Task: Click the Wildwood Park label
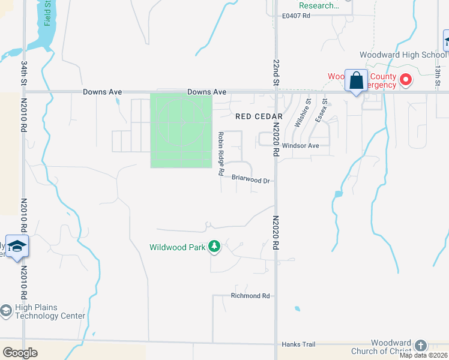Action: [178, 247]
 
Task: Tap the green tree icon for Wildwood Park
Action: [214, 246]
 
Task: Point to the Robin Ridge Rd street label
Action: [220, 154]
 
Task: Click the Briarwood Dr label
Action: [252, 179]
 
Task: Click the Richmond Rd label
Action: [250, 296]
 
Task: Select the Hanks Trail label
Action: [298, 344]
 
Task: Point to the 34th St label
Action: [24, 71]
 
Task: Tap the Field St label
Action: [47, 13]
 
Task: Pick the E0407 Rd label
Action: [296, 16]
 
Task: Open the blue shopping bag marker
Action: [356, 80]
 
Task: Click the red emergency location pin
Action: [406, 79]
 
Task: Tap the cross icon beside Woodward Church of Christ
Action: [420, 346]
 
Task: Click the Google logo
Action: [20, 353]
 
